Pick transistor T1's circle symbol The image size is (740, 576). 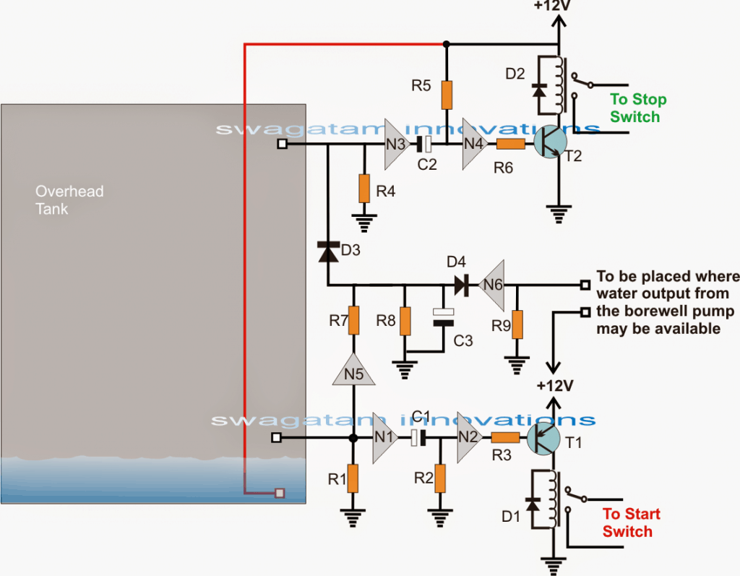(543, 438)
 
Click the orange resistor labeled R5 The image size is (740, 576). (447, 95)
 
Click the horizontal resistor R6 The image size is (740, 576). (511, 144)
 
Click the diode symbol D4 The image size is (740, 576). (460, 285)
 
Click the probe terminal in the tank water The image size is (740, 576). (280, 494)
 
